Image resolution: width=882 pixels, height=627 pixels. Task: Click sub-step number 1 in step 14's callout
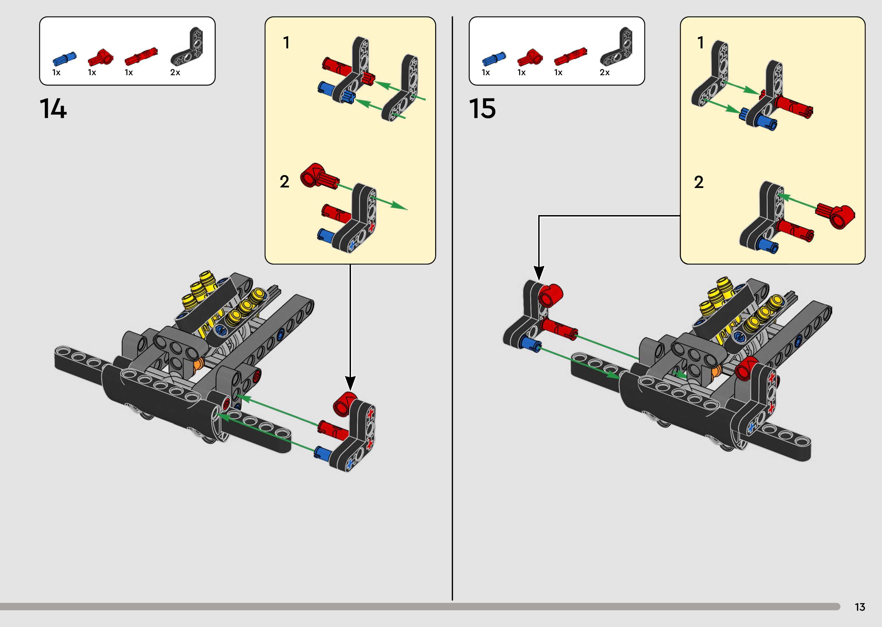click(x=286, y=43)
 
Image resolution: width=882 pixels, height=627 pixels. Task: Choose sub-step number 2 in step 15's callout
click(x=699, y=182)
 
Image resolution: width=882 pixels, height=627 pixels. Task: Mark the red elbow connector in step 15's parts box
click(x=530, y=58)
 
